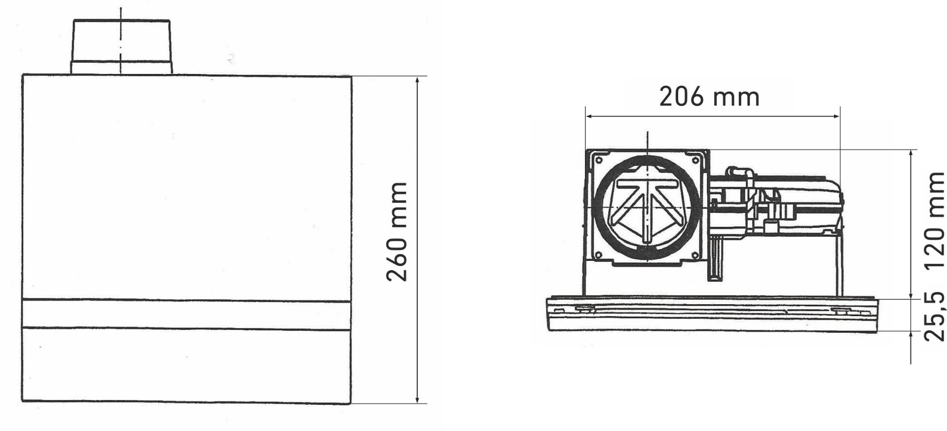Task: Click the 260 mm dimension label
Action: [397, 232]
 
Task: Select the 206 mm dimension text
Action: [709, 97]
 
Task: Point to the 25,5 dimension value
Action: [935, 316]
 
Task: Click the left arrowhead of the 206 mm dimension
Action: [589, 116]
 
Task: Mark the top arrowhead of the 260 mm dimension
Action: [418, 81]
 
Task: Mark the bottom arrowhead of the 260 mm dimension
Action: [418, 398]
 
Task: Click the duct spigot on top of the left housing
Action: [121, 47]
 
